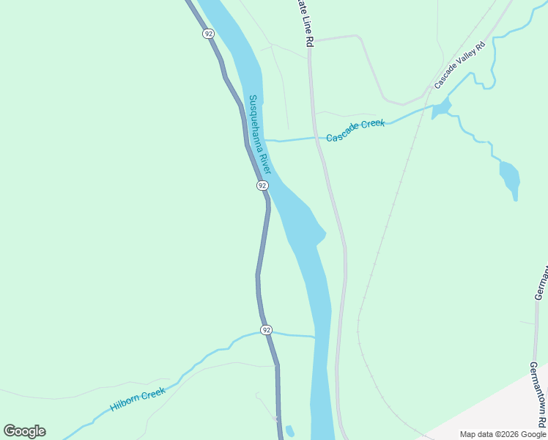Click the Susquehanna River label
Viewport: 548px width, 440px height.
[x=260, y=134]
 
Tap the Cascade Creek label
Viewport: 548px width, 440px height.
[x=355, y=130]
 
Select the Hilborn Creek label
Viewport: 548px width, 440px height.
[x=138, y=397]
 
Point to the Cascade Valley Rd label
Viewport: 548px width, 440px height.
[x=460, y=66]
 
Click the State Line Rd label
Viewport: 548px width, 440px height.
[x=303, y=22]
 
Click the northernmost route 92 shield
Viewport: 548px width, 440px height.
[x=209, y=34]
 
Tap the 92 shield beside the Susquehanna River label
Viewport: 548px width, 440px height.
[x=262, y=186]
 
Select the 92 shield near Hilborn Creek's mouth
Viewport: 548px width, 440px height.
[x=266, y=330]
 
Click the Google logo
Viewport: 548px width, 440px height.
[x=25, y=431]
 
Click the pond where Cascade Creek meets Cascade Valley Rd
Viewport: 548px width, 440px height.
[x=440, y=110]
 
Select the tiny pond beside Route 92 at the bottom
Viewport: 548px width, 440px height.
[x=289, y=430]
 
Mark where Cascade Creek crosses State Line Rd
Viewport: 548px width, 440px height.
[x=317, y=137]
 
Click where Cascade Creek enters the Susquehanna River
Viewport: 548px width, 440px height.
[x=265, y=139]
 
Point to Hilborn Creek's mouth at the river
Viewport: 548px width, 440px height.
[x=314, y=337]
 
